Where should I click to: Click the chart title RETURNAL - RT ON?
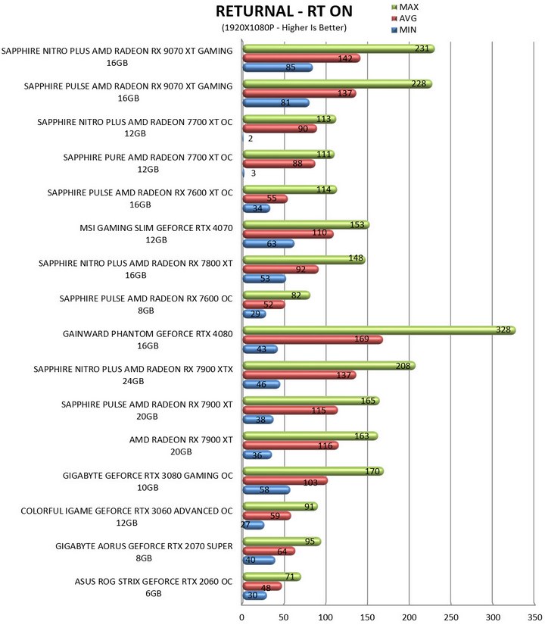tap(284, 11)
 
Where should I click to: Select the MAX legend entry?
tap(405, 7)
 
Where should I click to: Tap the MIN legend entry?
tap(404, 30)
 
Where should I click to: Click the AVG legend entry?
tap(404, 18)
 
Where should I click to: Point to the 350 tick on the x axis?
tap(535, 617)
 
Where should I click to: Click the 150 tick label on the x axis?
tap(367, 617)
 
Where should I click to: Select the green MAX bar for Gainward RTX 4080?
tap(379, 330)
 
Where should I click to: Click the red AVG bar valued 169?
tap(313, 339)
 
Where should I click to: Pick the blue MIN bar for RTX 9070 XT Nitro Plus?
tap(278, 67)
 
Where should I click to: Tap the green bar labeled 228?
tap(338, 83)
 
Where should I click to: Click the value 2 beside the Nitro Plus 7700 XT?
tap(251, 139)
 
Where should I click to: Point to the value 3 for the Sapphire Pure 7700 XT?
tap(254, 173)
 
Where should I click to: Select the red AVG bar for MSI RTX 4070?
tap(288, 234)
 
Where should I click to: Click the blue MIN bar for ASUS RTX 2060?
tap(254, 595)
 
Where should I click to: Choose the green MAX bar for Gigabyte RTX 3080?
tap(313, 471)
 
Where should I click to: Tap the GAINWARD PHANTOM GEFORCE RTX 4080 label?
tap(148, 339)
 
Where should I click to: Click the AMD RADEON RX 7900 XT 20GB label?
tap(181, 445)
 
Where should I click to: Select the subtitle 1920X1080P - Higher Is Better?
tap(284, 27)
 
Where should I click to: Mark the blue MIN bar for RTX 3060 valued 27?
tap(254, 525)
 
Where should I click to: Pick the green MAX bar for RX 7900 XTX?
tap(329, 365)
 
